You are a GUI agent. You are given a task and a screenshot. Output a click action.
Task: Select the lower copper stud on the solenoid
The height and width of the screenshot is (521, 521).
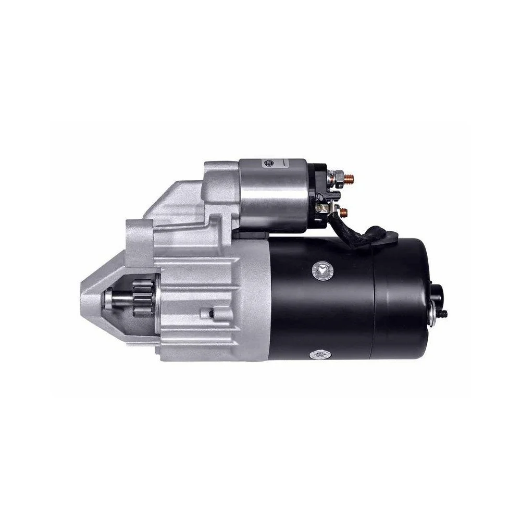(343, 212)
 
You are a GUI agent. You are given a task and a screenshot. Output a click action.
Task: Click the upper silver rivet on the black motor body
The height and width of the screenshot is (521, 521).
(320, 269)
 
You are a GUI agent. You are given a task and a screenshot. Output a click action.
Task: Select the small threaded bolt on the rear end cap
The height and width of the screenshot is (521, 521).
(443, 314)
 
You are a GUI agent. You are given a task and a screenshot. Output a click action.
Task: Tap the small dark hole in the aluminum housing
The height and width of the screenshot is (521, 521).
(211, 313)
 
